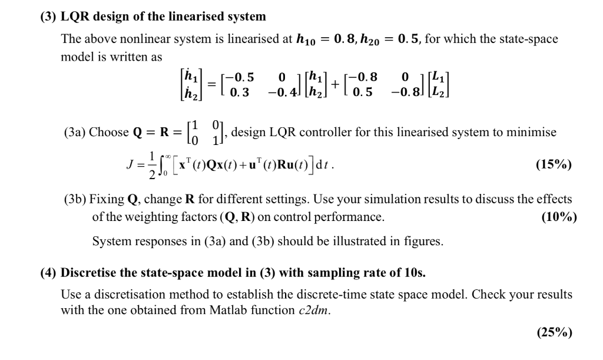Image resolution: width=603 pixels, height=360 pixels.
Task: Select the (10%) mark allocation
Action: point(558,217)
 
